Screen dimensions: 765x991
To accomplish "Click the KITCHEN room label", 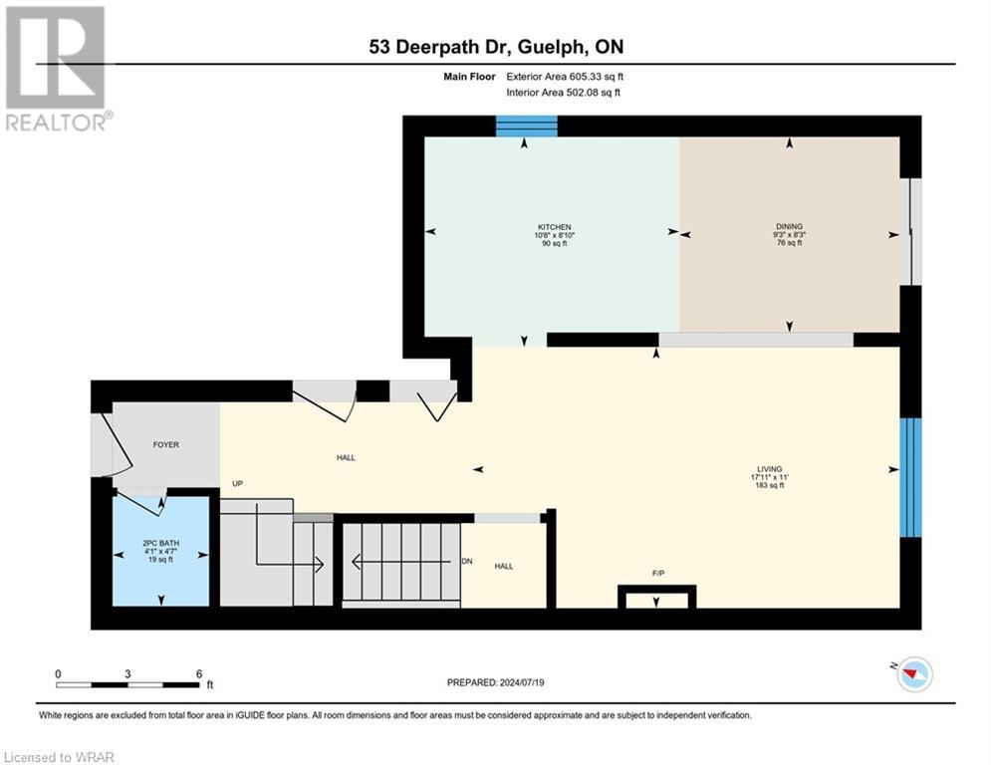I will point(552,227).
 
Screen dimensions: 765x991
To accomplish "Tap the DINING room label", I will point(790,227).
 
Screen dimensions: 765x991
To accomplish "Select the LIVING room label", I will point(769,469).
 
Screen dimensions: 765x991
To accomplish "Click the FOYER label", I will point(165,444).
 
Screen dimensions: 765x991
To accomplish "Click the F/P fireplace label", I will point(657,575).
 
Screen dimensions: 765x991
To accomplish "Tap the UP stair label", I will point(238,484).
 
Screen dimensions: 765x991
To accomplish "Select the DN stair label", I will point(467,561).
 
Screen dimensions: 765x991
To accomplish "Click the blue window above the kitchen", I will point(527,126).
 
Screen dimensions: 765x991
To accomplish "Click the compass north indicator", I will point(913,674).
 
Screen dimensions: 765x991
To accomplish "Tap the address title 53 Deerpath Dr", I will point(495,47).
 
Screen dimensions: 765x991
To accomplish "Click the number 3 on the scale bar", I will point(127,673).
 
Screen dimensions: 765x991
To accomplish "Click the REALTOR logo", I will point(57,68).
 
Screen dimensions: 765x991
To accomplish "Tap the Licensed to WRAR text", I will point(59,757).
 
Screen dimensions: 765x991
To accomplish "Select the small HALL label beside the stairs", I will point(504,565).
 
